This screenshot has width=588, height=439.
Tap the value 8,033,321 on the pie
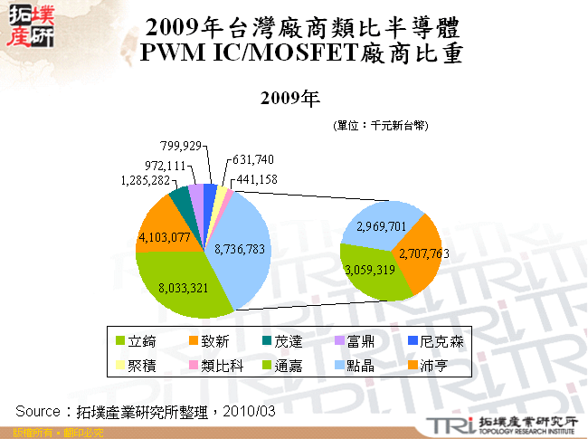(184, 289)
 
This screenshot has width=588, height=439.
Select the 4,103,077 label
(164, 238)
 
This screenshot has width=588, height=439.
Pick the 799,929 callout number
(181, 145)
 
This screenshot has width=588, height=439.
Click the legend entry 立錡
(143, 341)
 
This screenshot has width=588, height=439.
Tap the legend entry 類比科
(218, 367)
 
